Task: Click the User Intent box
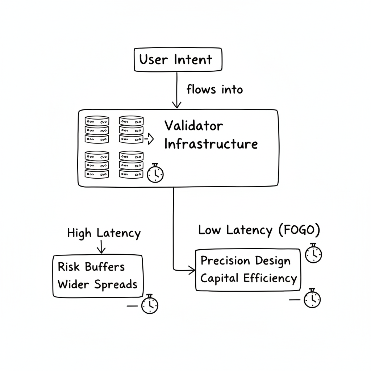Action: (178, 59)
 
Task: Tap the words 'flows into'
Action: (214, 89)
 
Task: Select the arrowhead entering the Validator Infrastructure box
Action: (176, 105)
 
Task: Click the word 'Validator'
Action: (193, 126)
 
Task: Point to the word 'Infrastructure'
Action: (211, 144)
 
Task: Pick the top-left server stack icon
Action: (97, 129)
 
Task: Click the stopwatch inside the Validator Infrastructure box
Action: (155, 173)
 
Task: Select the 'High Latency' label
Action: (104, 233)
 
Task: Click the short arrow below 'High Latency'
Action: (101, 247)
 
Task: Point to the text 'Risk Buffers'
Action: (91, 267)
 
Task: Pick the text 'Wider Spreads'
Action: (97, 284)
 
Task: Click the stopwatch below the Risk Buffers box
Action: (149, 304)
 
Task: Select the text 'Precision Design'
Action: (245, 261)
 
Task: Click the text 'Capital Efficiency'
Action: (249, 279)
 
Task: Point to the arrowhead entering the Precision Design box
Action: (192, 270)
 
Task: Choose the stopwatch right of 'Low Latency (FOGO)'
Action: (313, 253)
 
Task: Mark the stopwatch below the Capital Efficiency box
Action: (312, 299)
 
